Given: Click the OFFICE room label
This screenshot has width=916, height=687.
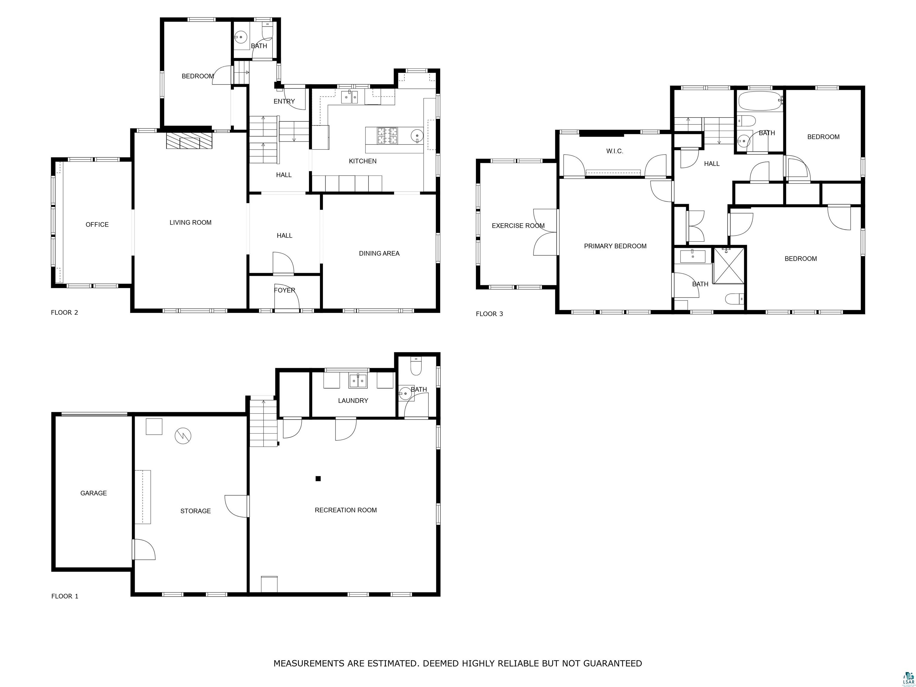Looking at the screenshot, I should [x=97, y=225].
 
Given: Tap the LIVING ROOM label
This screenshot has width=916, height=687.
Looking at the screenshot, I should [x=191, y=222].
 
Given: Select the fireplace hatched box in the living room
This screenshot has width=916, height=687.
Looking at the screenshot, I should [x=189, y=141].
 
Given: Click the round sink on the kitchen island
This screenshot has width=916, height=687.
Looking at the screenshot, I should [x=417, y=135].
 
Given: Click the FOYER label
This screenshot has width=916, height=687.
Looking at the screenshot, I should [x=284, y=290].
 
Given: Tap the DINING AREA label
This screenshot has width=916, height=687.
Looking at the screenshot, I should [x=379, y=253].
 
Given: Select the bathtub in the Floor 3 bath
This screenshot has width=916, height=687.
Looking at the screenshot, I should [x=759, y=101].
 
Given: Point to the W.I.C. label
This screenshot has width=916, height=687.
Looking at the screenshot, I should [x=615, y=151].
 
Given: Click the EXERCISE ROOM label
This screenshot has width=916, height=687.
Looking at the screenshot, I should [x=518, y=226].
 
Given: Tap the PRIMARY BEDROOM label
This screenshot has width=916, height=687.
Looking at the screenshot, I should [x=615, y=246].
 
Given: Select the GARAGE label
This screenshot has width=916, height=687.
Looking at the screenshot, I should [x=94, y=493].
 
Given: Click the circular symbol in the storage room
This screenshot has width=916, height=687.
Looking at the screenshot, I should [x=183, y=436].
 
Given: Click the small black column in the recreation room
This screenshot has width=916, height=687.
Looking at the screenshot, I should [x=318, y=479].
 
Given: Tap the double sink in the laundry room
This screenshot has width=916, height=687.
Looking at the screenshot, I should [x=358, y=380].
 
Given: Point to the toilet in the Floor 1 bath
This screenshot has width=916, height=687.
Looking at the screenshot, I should [x=415, y=367].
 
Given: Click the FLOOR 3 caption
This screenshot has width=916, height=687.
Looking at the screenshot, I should [x=489, y=314].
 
